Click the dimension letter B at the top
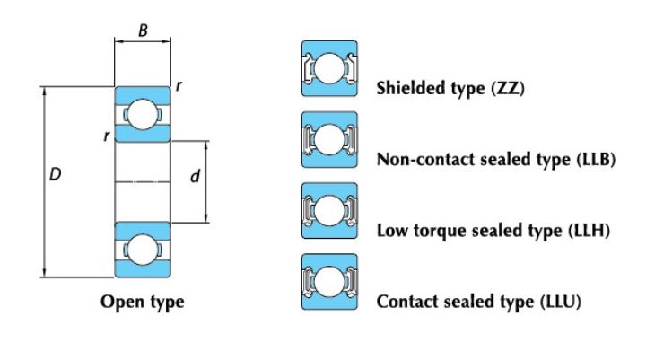[x=143, y=31]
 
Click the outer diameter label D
[x=55, y=174]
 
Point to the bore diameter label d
[x=195, y=176]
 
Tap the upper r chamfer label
[x=179, y=86]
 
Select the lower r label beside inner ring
[x=107, y=136]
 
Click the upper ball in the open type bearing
[x=143, y=114]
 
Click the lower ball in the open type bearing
[x=143, y=250]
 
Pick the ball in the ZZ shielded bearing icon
[x=329, y=68]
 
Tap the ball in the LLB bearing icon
[x=329, y=139]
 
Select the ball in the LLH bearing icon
[x=329, y=210]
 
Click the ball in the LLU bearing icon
[x=329, y=281]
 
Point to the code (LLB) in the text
[x=596, y=159]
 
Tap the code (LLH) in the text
[x=589, y=231]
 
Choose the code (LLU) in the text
[x=561, y=302]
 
